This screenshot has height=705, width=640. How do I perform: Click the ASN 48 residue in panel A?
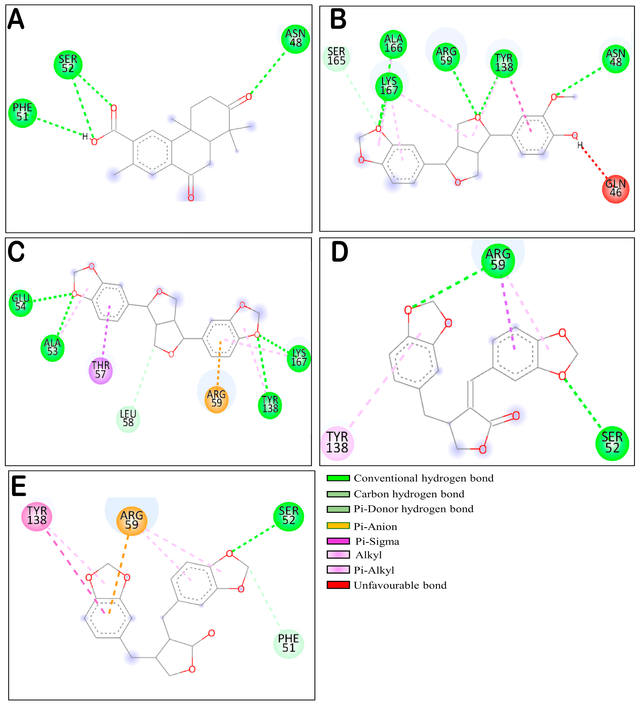point(295,39)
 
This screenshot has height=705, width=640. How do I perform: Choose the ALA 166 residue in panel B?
point(393,44)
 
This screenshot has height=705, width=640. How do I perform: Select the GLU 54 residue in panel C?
point(21,303)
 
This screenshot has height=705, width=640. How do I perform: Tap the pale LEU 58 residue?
point(128,419)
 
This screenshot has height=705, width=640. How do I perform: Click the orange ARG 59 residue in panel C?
point(216,399)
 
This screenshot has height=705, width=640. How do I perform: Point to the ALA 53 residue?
point(53,348)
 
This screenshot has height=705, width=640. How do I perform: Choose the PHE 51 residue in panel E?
point(288,643)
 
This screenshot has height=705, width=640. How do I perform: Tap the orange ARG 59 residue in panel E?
point(132,521)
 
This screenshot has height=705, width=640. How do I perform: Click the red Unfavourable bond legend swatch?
point(338,585)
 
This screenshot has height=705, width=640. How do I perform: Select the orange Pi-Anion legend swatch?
point(338,526)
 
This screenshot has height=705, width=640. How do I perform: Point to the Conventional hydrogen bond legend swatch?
point(338,478)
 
